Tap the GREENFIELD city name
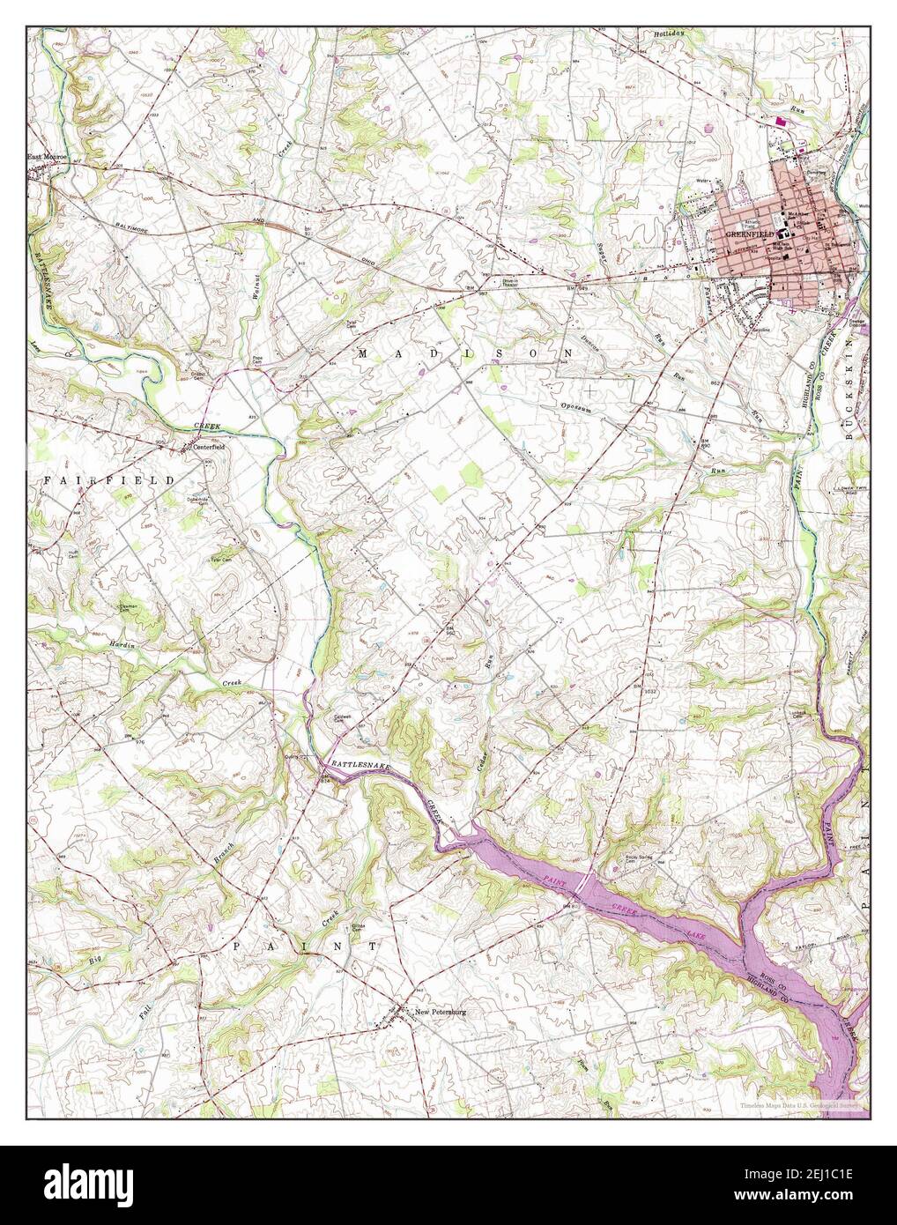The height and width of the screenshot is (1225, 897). (749, 235)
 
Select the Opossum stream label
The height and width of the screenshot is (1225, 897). (581, 406)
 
